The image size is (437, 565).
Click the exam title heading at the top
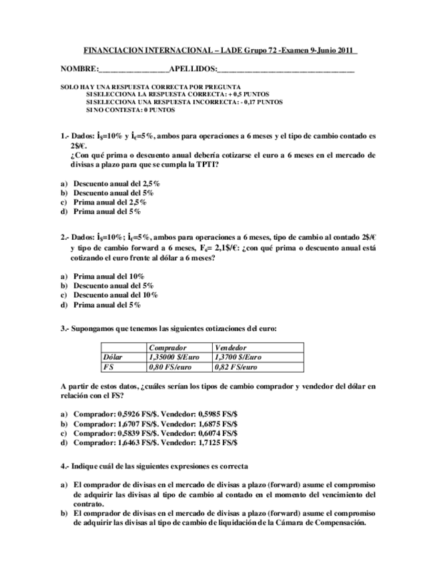click(220, 50)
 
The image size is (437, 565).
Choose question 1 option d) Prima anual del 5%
click(107, 211)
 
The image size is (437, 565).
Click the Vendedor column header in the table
click(231, 348)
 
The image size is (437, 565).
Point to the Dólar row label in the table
click(115, 357)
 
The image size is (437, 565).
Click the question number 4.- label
click(65, 466)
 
